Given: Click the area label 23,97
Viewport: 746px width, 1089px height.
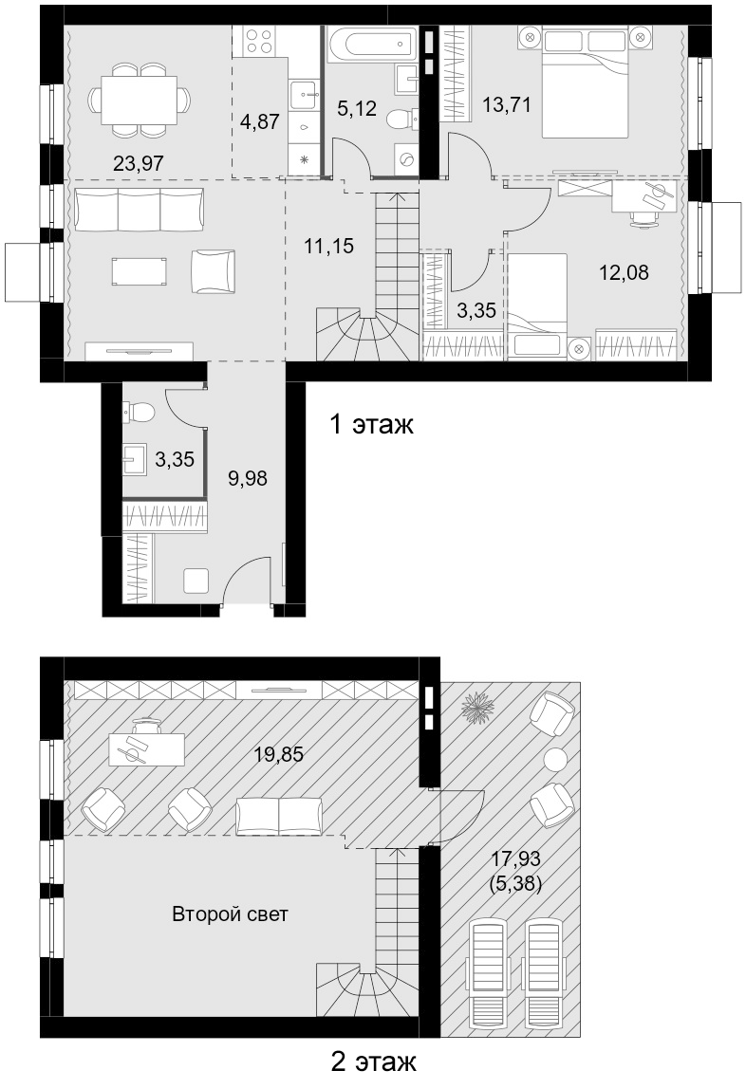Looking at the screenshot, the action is [139, 163].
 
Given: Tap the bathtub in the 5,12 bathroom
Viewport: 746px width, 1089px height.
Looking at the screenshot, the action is [372, 43].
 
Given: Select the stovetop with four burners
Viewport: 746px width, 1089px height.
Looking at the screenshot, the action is [259, 40].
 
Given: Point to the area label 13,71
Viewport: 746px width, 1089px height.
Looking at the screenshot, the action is [507, 105].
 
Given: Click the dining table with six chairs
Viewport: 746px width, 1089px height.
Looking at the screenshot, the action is [139, 100].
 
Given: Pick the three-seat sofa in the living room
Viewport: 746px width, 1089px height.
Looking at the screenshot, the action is [140, 210].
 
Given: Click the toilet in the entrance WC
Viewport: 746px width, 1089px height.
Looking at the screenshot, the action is [139, 413].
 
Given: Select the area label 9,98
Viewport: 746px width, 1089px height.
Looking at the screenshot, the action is [248, 478].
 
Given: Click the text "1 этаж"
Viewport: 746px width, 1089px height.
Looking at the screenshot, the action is [372, 424].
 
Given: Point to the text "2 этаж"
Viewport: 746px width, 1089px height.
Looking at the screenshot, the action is [374, 1061].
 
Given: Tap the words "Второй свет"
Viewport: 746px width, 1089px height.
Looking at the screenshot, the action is [230, 914].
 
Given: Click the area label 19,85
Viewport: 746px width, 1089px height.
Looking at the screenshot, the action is [278, 754].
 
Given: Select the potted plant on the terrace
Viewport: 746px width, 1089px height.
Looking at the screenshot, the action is [477, 706].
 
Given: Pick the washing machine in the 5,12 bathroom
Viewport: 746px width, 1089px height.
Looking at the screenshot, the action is [405, 160].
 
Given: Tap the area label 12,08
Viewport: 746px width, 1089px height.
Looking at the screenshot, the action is [625, 272].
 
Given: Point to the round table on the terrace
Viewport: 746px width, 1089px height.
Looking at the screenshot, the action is [555, 759].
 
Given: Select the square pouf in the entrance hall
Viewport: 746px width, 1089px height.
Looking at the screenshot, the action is [196, 580].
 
